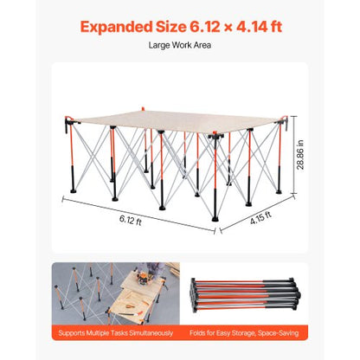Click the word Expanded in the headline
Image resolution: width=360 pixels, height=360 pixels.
(116, 28)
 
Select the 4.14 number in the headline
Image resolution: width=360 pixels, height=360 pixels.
(250, 27)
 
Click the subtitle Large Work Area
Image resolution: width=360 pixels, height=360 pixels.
(180, 45)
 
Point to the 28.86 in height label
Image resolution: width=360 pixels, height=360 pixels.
(300, 154)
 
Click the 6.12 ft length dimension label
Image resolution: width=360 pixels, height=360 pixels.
(131, 220)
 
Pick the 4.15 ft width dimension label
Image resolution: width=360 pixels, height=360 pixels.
(260, 218)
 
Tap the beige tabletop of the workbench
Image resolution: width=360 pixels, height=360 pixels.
(176, 120)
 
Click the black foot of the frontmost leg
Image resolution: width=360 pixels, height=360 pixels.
(215, 218)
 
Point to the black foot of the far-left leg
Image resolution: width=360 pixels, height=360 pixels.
(73, 190)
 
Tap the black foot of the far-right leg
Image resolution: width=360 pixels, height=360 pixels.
(279, 191)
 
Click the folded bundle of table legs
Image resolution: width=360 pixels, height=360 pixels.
(245, 294)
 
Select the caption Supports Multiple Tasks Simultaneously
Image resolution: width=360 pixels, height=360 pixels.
(116, 333)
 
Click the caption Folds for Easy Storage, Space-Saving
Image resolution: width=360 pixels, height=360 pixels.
(244, 333)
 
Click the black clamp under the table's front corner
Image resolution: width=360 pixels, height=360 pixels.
(216, 135)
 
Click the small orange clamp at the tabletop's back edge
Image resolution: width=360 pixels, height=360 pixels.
(143, 109)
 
